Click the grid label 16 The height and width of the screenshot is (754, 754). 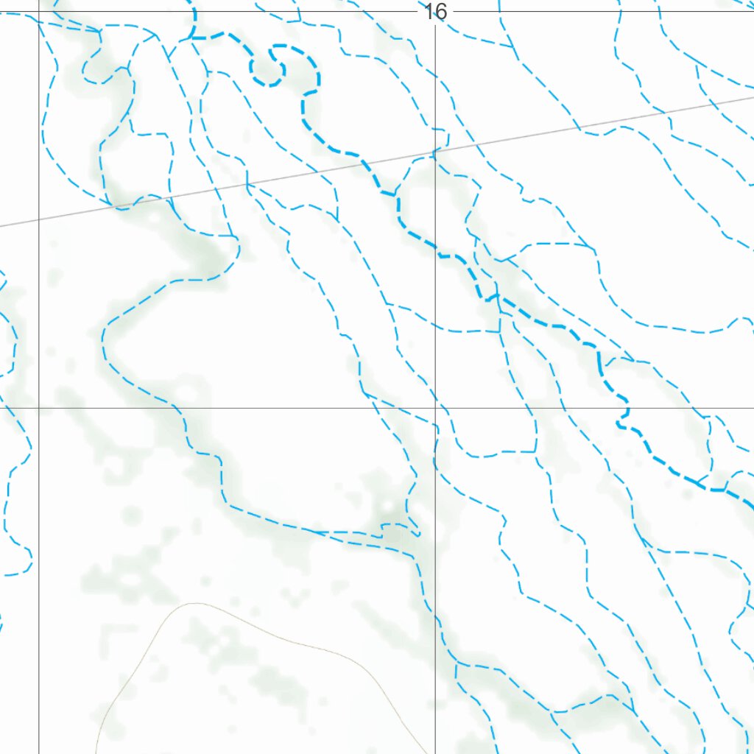pyautogui.click(x=435, y=12)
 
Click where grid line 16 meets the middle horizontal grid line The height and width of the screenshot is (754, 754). pyautogui.click(x=435, y=407)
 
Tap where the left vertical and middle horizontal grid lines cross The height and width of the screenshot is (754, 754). pyautogui.click(x=39, y=407)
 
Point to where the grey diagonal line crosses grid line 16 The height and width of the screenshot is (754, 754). pyautogui.click(x=435, y=155)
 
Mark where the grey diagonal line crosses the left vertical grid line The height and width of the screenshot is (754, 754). pyautogui.click(x=39, y=219)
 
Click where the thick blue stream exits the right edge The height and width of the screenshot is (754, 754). pyautogui.click(x=751, y=504)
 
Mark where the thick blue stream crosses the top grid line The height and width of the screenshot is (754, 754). pyautogui.click(x=194, y=11)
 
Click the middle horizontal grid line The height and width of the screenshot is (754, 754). pyautogui.click(x=221, y=407)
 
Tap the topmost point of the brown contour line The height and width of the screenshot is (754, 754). pyautogui.click(x=193, y=603)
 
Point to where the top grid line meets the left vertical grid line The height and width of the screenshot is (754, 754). pyautogui.click(x=39, y=11)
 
